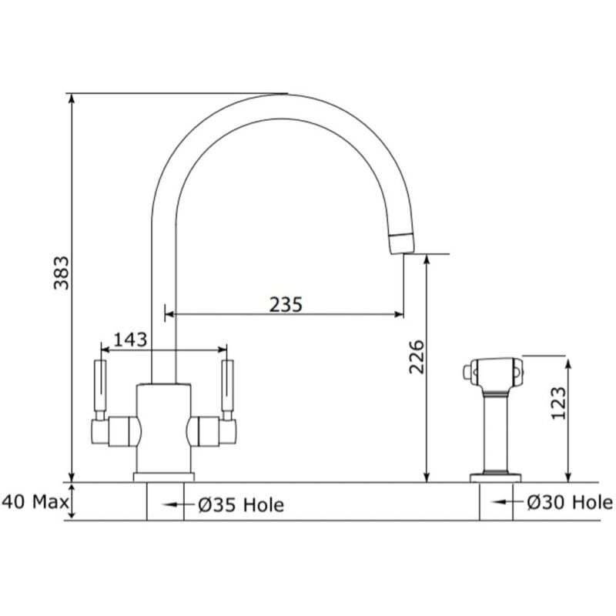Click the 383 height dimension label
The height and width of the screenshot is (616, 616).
pos(62,273)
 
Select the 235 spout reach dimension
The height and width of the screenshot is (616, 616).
pos(286,304)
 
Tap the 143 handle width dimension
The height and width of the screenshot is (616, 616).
pos(130,340)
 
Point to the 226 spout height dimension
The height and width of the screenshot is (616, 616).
pos(417,357)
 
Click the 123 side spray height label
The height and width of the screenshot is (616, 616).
pos(559,403)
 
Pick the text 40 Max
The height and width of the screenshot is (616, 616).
pos(35,502)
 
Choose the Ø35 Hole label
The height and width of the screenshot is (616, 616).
pos(241,505)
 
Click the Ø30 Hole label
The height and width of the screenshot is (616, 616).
pos(570,503)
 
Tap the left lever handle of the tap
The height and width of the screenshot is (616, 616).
pos(100,386)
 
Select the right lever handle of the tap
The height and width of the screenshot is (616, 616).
pos(227,386)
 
